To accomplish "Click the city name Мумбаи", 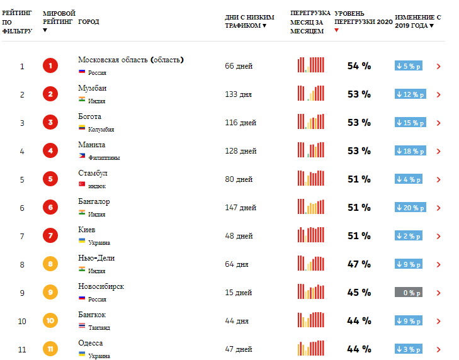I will [x=92, y=88].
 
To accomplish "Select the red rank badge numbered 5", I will [x=50, y=179].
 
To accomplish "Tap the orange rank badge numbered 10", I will [x=50, y=321].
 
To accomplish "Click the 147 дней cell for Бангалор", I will [x=241, y=208].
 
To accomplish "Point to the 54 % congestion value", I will [x=359, y=66].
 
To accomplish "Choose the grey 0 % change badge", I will [x=408, y=293].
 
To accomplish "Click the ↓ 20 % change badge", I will [x=408, y=208].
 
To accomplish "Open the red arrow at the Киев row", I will [x=438, y=236].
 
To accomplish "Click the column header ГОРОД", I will [x=88, y=22].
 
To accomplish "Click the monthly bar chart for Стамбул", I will [x=311, y=179].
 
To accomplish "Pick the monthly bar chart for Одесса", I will [x=311, y=349].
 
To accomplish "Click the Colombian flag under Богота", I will [x=82, y=129].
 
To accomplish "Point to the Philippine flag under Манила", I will [x=82, y=157].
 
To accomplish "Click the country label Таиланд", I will [x=99, y=327].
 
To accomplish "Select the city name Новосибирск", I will [x=101, y=286].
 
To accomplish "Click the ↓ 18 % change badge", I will [x=408, y=151].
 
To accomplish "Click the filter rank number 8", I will [x=22, y=264].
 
